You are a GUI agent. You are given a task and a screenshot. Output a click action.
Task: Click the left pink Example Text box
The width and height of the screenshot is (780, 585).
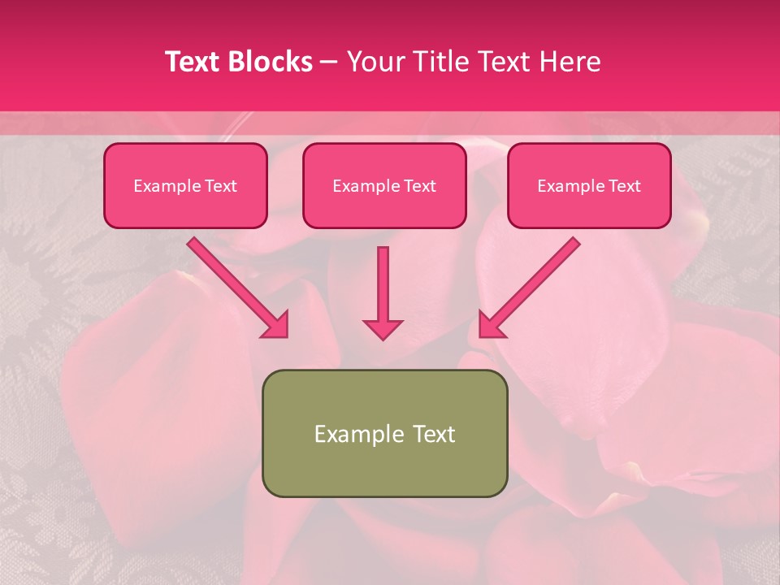point(185,185)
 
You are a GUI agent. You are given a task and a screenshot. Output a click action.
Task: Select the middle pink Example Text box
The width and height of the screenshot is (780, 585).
point(384,185)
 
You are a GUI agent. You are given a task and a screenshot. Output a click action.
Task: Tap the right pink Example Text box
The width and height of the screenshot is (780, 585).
point(589,185)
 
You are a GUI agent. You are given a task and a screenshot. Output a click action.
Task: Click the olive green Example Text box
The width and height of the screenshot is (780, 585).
point(384,433)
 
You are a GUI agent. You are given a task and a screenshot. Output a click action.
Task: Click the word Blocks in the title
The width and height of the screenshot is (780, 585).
point(270,62)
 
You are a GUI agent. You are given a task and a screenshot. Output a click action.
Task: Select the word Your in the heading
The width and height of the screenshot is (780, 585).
point(373,62)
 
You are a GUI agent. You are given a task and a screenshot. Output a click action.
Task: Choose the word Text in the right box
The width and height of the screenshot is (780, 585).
point(624,186)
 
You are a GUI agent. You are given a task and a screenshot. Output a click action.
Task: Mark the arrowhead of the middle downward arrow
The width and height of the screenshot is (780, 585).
point(383,328)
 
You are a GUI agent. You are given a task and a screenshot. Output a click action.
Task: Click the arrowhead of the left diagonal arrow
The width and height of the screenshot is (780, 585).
point(276,325)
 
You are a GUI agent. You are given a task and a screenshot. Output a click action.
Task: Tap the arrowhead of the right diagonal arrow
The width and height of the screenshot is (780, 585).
point(491,325)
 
